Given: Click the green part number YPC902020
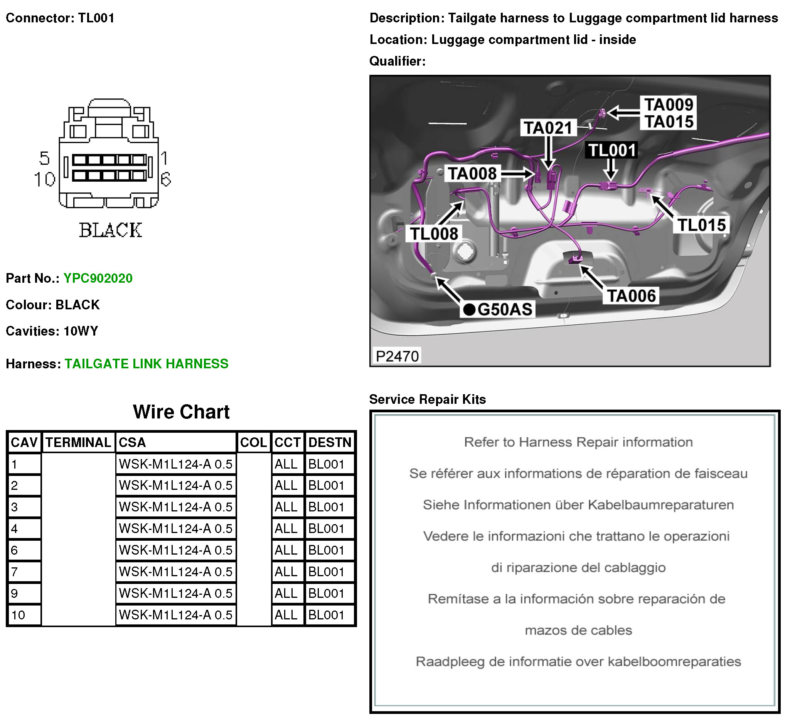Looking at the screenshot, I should [x=98, y=278].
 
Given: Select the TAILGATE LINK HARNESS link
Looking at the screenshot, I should [x=146, y=364].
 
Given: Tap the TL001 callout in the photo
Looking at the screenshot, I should [x=611, y=150].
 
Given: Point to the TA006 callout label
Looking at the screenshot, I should [x=631, y=296].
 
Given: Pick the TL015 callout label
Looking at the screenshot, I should [x=701, y=225].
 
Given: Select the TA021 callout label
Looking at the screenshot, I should [x=548, y=128].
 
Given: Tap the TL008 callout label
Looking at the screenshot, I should [x=434, y=234].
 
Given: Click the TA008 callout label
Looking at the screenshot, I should [x=472, y=174].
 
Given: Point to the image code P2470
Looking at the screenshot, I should [x=397, y=356].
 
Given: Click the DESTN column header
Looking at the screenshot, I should [x=330, y=442].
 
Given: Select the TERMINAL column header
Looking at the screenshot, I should [x=78, y=442].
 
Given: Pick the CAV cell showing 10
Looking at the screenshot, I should [x=18, y=615].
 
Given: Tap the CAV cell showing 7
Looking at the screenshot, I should [x=15, y=572].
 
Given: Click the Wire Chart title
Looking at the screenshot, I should [x=181, y=412].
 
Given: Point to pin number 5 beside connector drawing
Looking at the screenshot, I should [x=44, y=159].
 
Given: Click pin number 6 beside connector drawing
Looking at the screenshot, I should [x=166, y=179].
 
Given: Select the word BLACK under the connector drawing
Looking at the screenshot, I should [x=111, y=230].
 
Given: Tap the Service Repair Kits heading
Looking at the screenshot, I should [x=427, y=400].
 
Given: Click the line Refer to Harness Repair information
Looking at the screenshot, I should [x=578, y=442].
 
